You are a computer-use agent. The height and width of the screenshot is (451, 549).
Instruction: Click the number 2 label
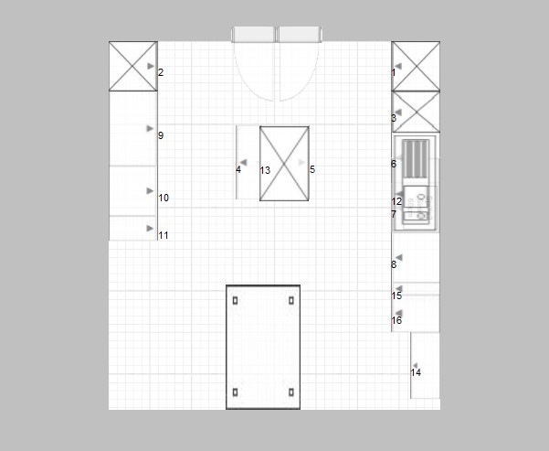click(x=161, y=72)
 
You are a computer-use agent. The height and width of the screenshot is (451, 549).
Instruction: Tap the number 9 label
click(x=161, y=135)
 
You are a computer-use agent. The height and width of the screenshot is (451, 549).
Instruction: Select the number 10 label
click(x=164, y=198)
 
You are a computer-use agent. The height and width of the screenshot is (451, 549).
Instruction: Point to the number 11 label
click(x=164, y=235)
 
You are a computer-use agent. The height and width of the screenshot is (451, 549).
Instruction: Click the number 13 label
click(x=266, y=170)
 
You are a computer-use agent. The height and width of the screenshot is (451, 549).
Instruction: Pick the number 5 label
click(x=312, y=170)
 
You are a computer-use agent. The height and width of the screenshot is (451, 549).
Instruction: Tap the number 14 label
click(x=416, y=372)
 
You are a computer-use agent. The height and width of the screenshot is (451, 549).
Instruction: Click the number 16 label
click(x=396, y=320)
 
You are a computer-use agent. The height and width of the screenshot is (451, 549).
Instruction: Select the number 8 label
click(x=394, y=264)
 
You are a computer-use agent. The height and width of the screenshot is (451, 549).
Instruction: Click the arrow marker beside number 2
click(x=151, y=66)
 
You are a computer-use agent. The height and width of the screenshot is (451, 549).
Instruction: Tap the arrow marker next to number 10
click(x=150, y=191)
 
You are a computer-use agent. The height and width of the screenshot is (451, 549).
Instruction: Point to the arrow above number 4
click(x=243, y=162)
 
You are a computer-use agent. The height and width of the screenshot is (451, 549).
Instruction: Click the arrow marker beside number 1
click(x=398, y=66)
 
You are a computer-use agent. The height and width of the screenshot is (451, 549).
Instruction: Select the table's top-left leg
click(x=236, y=301)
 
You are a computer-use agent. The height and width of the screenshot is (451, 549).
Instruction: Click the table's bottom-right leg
click(x=291, y=392)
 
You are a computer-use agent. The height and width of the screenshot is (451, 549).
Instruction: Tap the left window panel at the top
click(x=254, y=35)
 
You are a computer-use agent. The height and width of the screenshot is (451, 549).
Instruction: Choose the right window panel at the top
click(x=300, y=35)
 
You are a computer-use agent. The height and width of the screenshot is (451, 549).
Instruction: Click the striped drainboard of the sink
click(x=416, y=159)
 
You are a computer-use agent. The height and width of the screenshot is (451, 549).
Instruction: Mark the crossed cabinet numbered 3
click(x=416, y=112)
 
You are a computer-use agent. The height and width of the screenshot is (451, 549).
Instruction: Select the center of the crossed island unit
click(x=284, y=164)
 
